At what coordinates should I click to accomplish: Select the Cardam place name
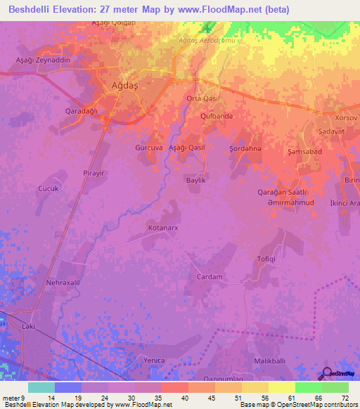(x=209, y=276)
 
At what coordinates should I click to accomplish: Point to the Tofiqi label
(x=266, y=259)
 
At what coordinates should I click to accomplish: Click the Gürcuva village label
(x=148, y=148)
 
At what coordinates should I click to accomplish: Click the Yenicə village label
(x=154, y=360)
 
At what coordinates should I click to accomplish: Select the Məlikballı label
(x=269, y=361)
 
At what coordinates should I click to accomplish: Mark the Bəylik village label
(x=195, y=181)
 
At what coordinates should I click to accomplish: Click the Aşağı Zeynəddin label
(x=44, y=60)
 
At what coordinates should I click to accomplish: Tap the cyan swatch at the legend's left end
(x=41, y=387)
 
